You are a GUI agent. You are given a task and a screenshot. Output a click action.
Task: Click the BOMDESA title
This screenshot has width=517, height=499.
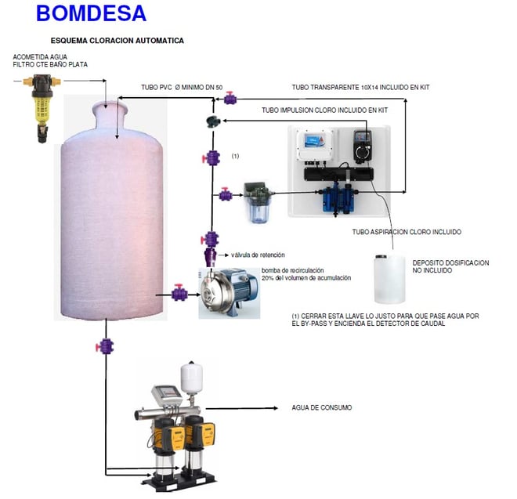91,13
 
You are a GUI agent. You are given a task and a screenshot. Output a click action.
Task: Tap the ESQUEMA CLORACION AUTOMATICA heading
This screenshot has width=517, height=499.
117,40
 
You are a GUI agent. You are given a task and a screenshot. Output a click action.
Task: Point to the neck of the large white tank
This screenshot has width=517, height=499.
113,118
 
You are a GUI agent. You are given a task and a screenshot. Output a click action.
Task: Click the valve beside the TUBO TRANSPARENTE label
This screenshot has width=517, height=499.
231,98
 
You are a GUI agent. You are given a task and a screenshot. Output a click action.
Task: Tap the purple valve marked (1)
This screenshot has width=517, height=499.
211,157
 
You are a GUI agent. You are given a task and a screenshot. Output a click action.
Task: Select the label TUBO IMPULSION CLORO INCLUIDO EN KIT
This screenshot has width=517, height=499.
324,110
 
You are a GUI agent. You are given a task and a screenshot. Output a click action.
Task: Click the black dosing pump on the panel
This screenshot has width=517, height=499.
363,146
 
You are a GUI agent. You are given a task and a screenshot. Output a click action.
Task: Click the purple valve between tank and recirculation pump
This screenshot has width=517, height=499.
179,295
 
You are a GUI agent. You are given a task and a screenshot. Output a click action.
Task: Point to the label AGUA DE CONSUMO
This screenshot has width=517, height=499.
321,408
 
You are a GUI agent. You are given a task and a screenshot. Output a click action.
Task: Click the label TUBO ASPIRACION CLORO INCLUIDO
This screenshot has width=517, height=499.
407,232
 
